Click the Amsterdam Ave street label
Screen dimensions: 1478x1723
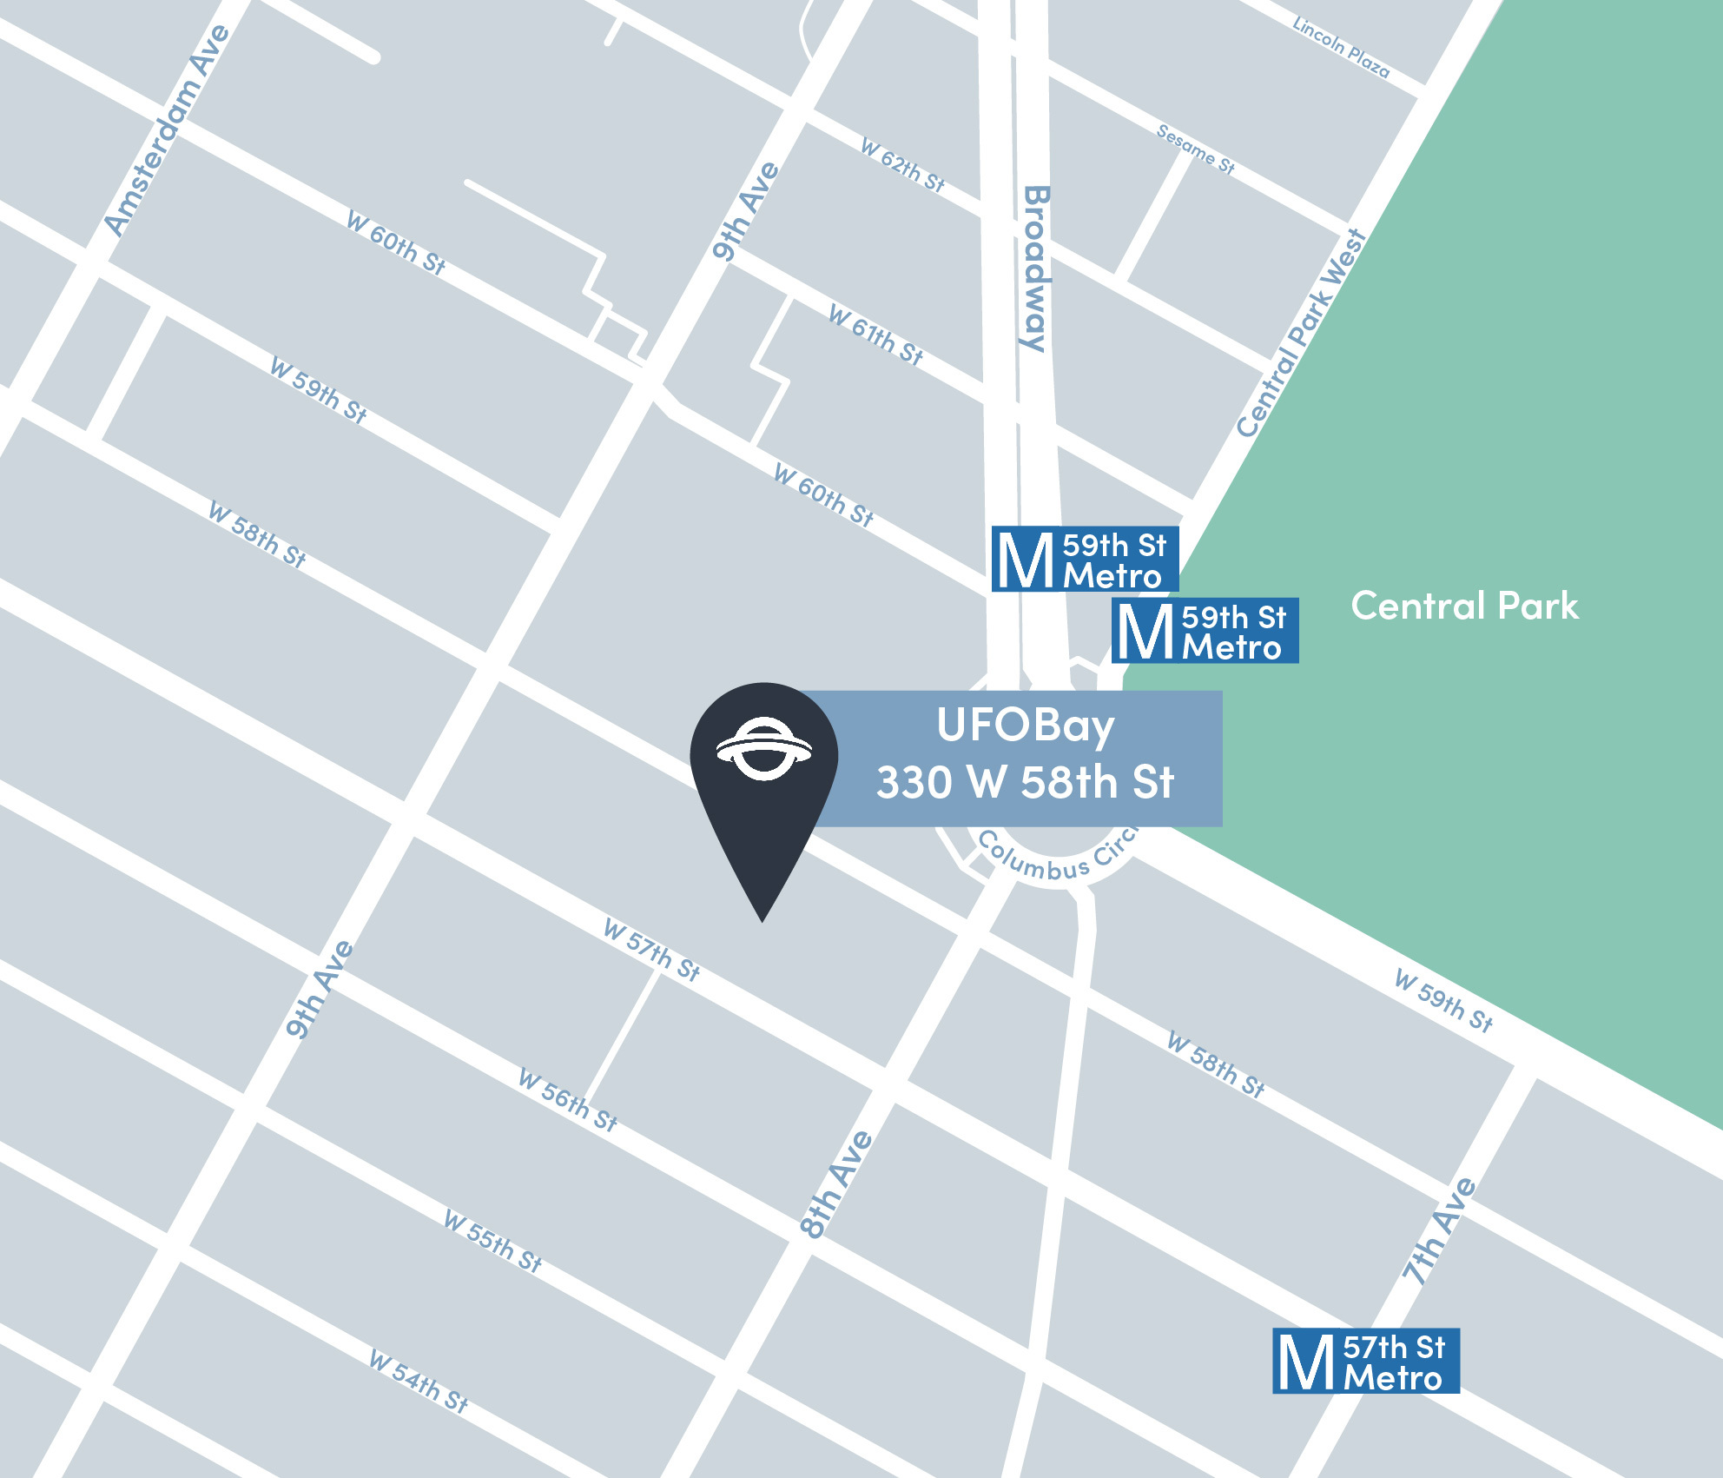[x=167, y=130]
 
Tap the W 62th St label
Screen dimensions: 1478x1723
[x=902, y=164]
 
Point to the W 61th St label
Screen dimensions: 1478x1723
[x=875, y=335]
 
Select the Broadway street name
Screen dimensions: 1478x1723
[x=1035, y=268]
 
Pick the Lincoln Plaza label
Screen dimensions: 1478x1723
[x=1341, y=48]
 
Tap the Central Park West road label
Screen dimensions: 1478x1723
[x=1301, y=334]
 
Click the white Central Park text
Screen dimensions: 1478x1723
[x=1464, y=606]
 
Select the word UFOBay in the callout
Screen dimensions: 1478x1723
[x=1025, y=726]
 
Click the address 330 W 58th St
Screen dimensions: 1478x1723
[x=1025, y=782]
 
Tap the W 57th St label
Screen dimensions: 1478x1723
[x=651, y=950]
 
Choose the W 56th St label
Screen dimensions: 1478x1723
[x=567, y=1099]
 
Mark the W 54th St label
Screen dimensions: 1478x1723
[x=418, y=1381]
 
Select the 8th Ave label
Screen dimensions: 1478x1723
[x=835, y=1183]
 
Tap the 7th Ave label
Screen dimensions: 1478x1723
[x=1439, y=1230]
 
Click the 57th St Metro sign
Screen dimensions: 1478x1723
[x=1365, y=1361]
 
